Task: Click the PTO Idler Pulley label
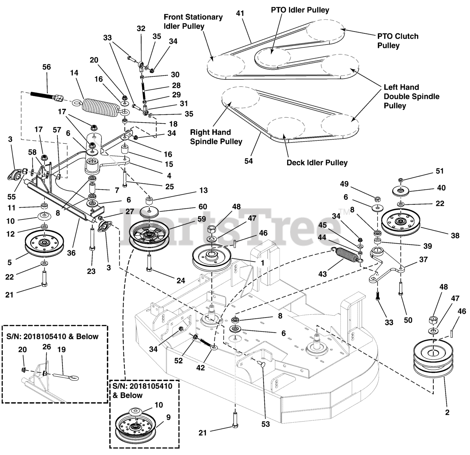[x=300, y=10]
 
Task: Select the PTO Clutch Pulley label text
[x=398, y=41]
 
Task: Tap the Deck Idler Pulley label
[x=317, y=162]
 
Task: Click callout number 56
[x=46, y=67]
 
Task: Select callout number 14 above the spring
[x=74, y=73]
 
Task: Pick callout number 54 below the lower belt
[x=249, y=161]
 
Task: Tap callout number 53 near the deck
[x=265, y=424]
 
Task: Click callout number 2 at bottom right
[x=447, y=412]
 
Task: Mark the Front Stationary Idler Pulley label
[x=193, y=22]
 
